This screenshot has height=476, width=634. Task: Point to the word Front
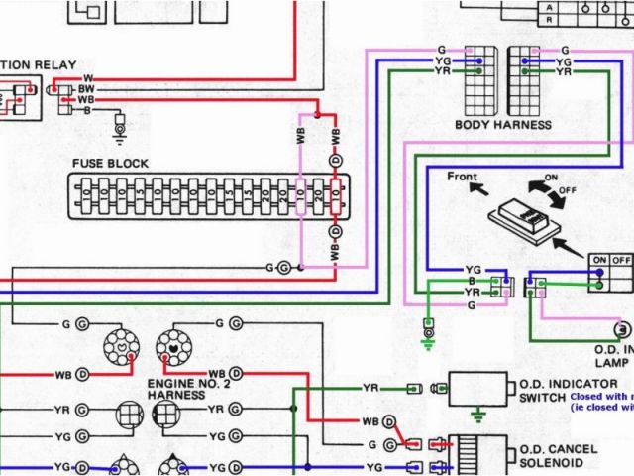pos(462,177)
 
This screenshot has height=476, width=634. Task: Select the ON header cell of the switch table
pos(599,260)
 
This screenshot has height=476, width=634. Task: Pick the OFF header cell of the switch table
pos(621,260)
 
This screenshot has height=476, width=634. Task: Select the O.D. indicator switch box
pos(479,388)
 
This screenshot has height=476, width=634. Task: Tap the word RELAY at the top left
pos(55,65)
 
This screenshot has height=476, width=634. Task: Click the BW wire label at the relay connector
pos(86,89)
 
